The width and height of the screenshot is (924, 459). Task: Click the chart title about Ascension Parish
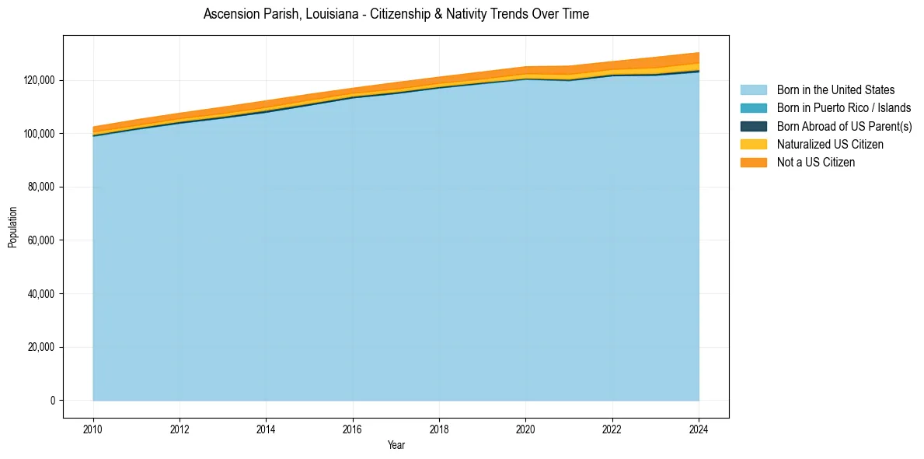pyautogui.click(x=396, y=14)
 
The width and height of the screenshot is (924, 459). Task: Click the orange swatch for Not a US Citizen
pyautogui.click(x=753, y=163)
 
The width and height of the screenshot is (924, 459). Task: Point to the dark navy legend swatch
pyautogui.click(x=753, y=126)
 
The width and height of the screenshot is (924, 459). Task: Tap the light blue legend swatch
pyautogui.click(x=753, y=90)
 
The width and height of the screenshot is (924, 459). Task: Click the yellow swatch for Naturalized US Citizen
pyautogui.click(x=753, y=145)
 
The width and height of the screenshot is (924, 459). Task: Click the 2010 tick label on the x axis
pyautogui.click(x=93, y=428)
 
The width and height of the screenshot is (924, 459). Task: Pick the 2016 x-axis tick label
pyautogui.click(x=353, y=428)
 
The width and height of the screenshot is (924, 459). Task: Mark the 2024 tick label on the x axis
pyautogui.click(x=699, y=428)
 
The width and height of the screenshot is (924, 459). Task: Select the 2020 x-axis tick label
pyautogui.click(x=526, y=428)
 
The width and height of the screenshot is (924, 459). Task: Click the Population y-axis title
pyautogui.click(x=12, y=227)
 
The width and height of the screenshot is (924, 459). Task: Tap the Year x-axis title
pyautogui.click(x=396, y=446)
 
